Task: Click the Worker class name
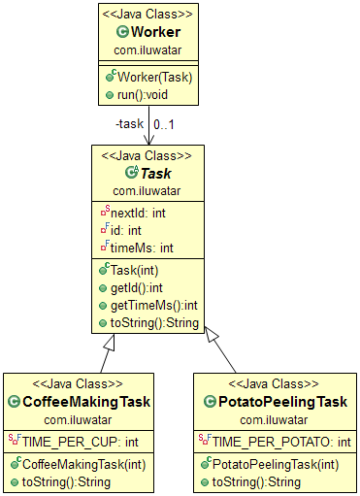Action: pyautogui.click(x=156, y=32)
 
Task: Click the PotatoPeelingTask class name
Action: pyautogui.click(x=277, y=402)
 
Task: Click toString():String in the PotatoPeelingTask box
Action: pyautogui.click(x=258, y=481)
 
